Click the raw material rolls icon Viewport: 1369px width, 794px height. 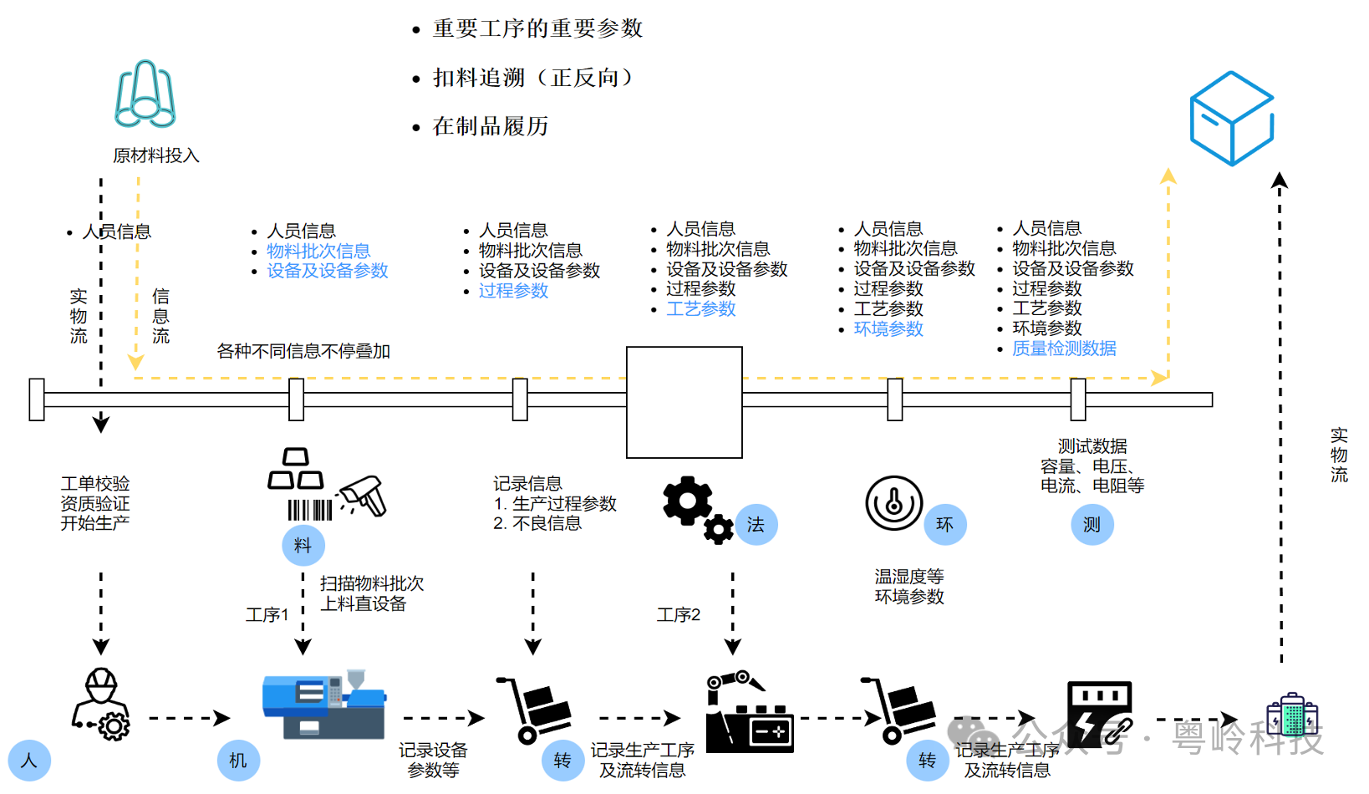(x=145, y=94)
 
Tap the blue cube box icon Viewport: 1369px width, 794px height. (x=1231, y=118)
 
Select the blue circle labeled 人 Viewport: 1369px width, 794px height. (x=29, y=760)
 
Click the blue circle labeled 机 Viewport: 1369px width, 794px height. (x=238, y=760)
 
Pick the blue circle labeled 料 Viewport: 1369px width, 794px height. (x=303, y=545)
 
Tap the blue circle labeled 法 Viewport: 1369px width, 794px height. (x=756, y=524)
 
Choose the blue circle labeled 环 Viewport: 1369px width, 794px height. (x=944, y=524)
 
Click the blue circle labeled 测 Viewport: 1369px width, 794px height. (x=1092, y=524)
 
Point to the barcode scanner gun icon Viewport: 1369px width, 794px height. (x=364, y=495)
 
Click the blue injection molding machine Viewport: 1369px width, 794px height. (x=323, y=705)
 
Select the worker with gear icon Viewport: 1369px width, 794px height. (x=101, y=705)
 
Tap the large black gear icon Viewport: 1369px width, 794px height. (x=687, y=501)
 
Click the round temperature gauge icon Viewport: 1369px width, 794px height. (x=893, y=503)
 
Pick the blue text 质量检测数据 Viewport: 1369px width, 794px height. (x=1064, y=349)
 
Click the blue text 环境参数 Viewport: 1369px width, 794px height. (x=888, y=329)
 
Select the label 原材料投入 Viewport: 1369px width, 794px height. (x=156, y=155)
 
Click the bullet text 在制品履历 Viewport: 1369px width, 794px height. (x=490, y=126)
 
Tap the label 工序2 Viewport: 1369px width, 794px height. (x=678, y=615)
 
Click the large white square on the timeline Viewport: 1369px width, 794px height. (x=684, y=402)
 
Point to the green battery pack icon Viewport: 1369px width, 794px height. (x=1292, y=715)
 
